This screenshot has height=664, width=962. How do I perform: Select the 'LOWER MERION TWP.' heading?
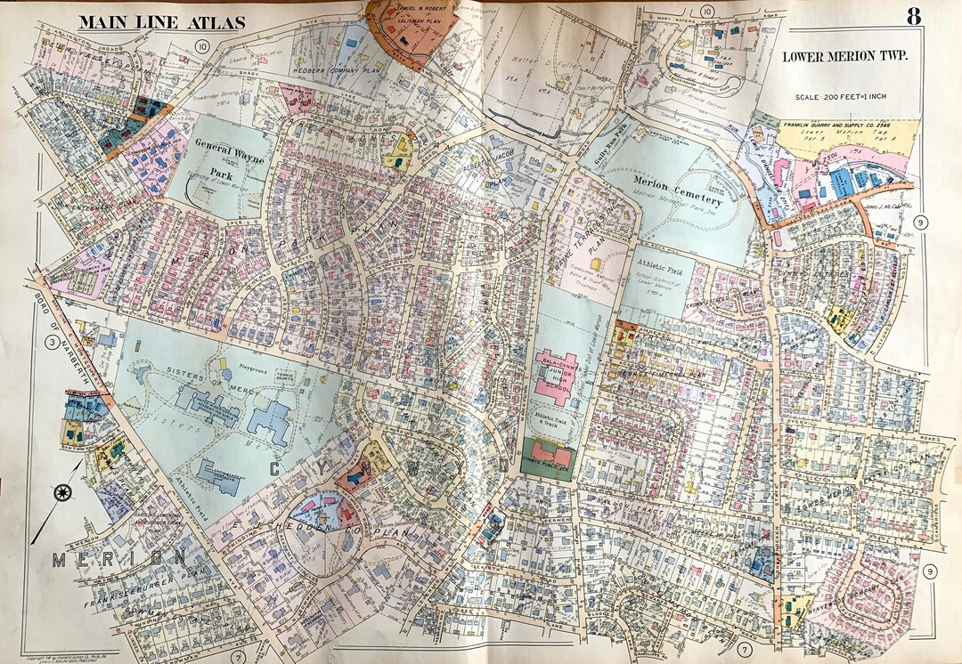coord(844,56)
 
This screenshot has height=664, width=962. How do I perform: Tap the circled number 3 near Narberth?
coord(53,342)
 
